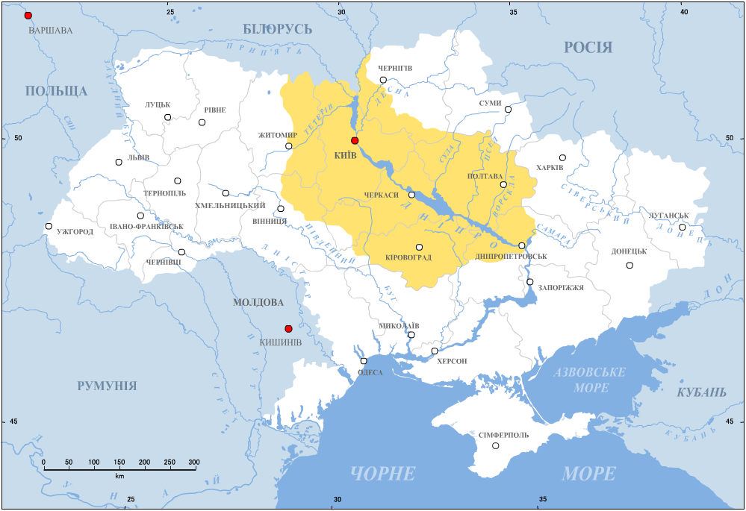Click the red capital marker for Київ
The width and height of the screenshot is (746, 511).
point(355,140)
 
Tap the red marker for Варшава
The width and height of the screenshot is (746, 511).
point(28,16)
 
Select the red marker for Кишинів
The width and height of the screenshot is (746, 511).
point(288,329)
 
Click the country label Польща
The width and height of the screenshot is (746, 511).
point(56,91)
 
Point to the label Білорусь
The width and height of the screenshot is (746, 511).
point(277,29)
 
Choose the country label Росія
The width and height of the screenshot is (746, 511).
point(588,48)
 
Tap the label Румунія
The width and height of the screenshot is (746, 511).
point(107,386)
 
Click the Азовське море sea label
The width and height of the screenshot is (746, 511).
point(591,380)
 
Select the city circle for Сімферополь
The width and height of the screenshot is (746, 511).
point(496,446)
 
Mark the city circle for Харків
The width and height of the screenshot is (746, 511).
point(562,157)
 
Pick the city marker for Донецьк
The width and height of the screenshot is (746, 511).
point(630,266)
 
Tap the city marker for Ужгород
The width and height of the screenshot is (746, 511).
point(49,226)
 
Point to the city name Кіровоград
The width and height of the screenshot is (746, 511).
point(408,258)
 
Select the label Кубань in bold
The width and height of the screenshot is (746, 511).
point(701,392)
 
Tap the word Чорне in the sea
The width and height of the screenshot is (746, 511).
point(382,473)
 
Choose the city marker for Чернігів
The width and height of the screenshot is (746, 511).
point(383,80)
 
